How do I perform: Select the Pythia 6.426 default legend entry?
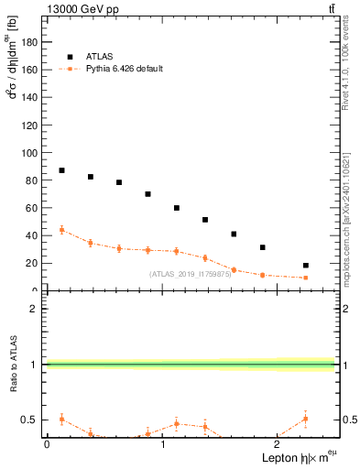click(x=123, y=68)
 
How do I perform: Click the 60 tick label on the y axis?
click(x=34, y=208)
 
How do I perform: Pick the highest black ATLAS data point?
click(x=61, y=170)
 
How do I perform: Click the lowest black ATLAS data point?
click(x=306, y=266)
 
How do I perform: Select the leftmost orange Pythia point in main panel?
click(x=61, y=230)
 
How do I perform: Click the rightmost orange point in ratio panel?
click(x=306, y=419)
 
